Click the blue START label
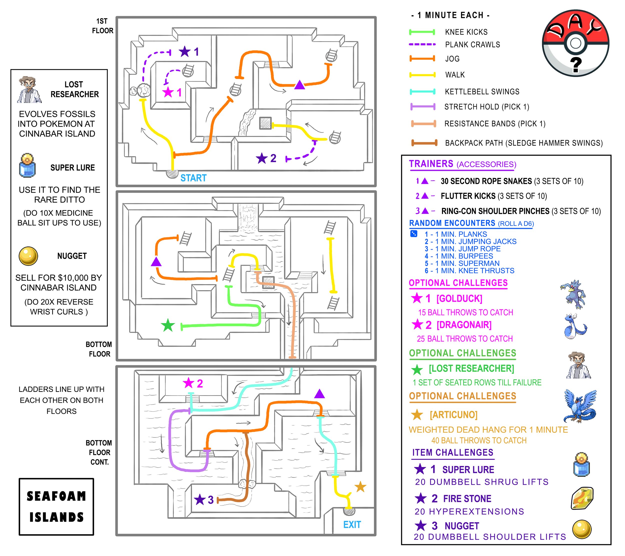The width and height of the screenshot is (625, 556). click(x=193, y=178)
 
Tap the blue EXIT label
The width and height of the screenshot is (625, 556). click(x=352, y=525)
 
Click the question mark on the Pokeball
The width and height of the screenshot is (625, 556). click(x=576, y=65)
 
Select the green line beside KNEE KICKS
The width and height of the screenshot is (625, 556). click(x=422, y=32)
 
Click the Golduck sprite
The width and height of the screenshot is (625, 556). click(x=573, y=294)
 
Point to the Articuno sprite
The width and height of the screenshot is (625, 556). click(x=580, y=405)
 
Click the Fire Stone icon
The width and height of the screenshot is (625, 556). click(x=582, y=498)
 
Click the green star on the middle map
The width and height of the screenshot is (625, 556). click(x=168, y=325)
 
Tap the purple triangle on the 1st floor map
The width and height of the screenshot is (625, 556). click(x=300, y=85)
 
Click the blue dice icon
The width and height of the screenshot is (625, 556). click(x=413, y=234)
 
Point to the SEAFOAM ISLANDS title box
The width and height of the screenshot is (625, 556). click(x=56, y=507)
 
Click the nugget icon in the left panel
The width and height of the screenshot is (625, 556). click(x=28, y=256)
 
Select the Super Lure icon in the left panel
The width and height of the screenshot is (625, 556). click(x=27, y=166)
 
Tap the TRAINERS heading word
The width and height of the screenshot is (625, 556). click(x=431, y=164)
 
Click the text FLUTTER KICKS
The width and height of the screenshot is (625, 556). click(x=468, y=196)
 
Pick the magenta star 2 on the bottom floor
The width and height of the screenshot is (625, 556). click(x=189, y=383)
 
